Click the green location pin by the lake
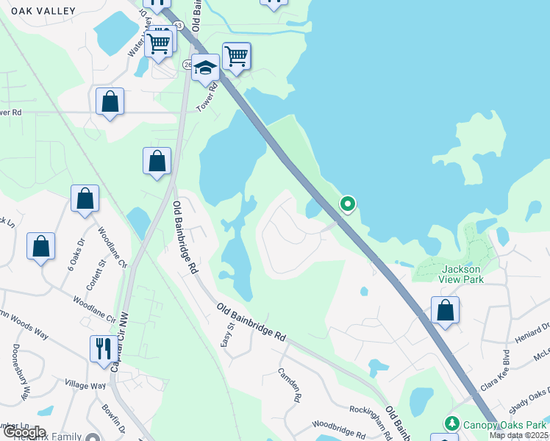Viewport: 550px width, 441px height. click(x=347, y=204)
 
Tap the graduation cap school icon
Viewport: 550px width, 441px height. click(x=206, y=68)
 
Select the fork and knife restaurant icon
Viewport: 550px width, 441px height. click(x=102, y=347)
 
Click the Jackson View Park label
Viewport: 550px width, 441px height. click(x=462, y=274)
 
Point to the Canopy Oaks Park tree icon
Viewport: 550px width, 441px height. click(x=451, y=424)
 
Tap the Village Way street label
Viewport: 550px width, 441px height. click(x=85, y=385)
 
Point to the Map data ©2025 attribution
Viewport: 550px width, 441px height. click(x=519, y=435)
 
